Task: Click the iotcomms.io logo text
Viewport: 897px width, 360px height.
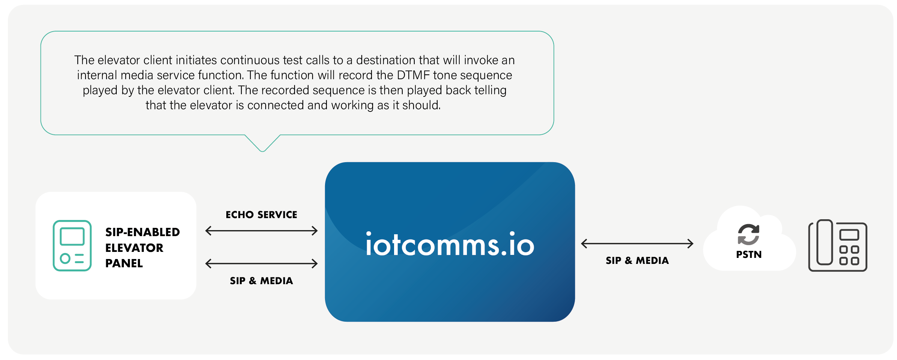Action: (x=450, y=244)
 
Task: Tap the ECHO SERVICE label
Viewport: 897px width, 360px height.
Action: (x=261, y=215)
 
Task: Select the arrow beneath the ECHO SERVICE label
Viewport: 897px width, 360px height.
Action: (x=261, y=230)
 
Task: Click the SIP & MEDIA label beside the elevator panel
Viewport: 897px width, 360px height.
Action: (x=261, y=281)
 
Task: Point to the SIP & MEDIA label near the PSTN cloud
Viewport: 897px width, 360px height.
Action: (x=637, y=261)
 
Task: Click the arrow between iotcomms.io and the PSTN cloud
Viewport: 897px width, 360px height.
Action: (x=637, y=244)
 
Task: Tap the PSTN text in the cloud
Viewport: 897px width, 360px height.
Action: (x=749, y=255)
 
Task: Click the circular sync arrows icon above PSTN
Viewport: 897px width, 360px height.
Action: (x=748, y=234)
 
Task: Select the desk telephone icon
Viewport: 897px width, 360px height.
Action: (x=837, y=246)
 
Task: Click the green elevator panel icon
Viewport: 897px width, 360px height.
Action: (x=72, y=246)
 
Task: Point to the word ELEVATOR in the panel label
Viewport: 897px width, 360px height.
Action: (x=134, y=248)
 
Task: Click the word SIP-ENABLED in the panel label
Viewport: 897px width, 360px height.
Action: (x=143, y=232)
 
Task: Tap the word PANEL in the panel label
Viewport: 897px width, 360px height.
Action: (x=124, y=263)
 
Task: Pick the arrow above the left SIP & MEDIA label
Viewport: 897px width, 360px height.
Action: (x=261, y=264)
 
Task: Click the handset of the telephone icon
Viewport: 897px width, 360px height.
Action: (x=825, y=243)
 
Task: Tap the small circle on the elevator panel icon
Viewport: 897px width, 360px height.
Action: (x=65, y=258)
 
